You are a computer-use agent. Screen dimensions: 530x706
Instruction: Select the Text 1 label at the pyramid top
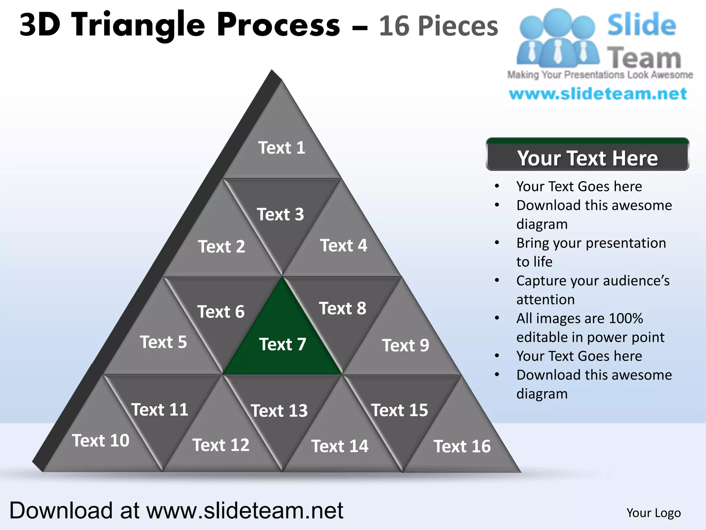click(x=282, y=148)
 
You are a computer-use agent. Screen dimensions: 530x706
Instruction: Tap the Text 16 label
click(x=462, y=446)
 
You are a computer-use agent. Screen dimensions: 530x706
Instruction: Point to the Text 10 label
click(x=101, y=441)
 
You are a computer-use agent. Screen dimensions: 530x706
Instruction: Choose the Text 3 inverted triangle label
click(x=280, y=214)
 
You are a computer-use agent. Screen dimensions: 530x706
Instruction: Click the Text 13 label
click(x=279, y=411)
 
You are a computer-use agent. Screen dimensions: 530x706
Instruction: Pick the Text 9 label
click(x=405, y=345)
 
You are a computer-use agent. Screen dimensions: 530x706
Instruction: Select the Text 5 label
click(x=163, y=342)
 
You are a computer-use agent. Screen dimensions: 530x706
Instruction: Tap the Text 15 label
click(x=399, y=410)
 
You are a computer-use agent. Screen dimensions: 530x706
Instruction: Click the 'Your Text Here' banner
click(x=587, y=158)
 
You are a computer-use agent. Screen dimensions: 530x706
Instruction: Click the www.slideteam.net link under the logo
click(x=598, y=94)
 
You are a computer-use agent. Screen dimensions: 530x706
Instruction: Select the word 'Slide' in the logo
click(x=641, y=25)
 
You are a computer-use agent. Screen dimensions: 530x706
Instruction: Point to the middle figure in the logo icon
click(x=557, y=38)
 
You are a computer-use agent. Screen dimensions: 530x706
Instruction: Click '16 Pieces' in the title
click(x=438, y=26)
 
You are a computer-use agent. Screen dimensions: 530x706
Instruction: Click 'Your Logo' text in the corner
click(x=653, y=513)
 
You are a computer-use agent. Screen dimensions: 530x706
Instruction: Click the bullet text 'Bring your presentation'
click(x=591, y=243)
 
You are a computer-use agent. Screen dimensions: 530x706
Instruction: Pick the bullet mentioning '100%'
click(x=579, y=318)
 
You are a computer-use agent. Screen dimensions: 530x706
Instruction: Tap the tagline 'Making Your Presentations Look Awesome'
click(x=600, y=75)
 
